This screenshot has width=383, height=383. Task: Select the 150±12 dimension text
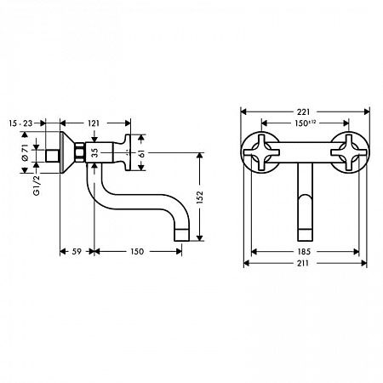(305, 124)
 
